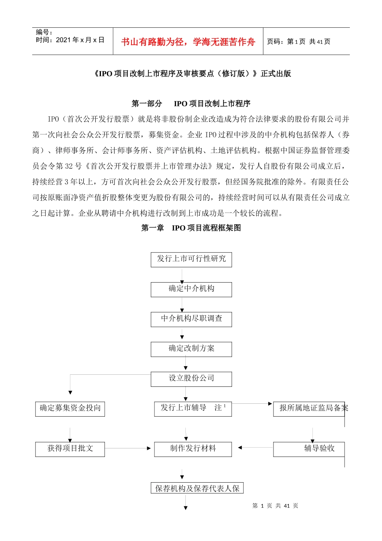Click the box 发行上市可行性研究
(x=191, y=259)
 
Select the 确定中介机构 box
(x=191, y=289)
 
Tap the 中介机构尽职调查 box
(x=191, y=319)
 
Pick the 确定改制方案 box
(x=191, y=349)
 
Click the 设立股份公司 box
(x=191, y=378)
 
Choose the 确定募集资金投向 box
(x=70, y=409)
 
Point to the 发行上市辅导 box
(x=193, y=408)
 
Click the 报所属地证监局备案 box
(x=309, y=409)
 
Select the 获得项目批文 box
(x=70, y=449)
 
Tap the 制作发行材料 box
(x=193, y=449)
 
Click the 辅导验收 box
(x=309, y=449)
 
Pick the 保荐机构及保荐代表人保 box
(x=197, y=488)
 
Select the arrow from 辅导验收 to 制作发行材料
(x=255, y=448)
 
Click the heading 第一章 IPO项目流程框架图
(x=191, y=228)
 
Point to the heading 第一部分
(x=147, y=103)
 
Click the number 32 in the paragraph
(x=69, y=166)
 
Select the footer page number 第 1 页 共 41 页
(x=275, y=506)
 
